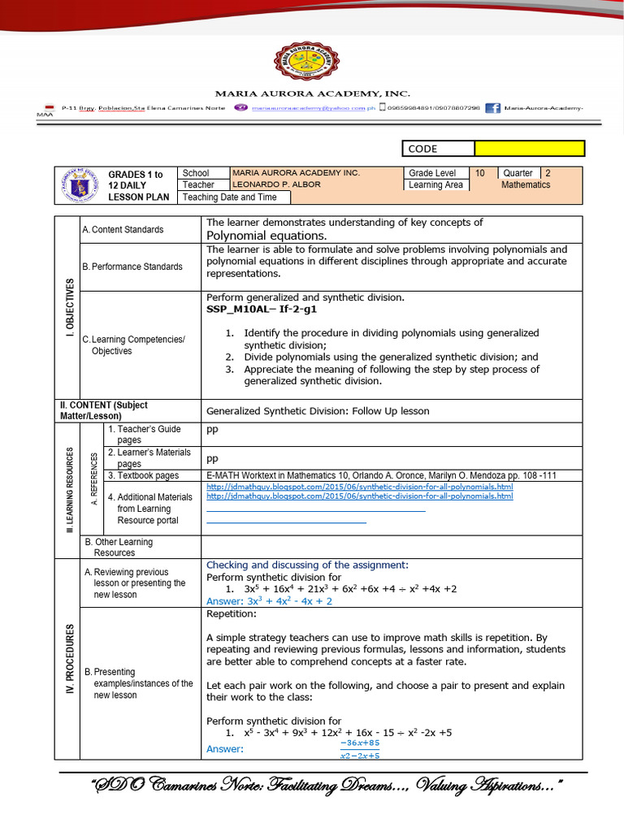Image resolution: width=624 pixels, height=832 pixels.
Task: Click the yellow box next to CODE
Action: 529,148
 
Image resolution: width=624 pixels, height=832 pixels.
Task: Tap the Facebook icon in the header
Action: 492,108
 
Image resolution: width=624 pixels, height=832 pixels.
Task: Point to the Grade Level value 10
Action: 480,173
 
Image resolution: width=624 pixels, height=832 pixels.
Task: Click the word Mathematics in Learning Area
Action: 526,184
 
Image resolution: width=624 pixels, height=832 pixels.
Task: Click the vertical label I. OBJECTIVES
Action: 69,307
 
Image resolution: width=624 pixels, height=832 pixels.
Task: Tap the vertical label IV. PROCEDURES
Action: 69,658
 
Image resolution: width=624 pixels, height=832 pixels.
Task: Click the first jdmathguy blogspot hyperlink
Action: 360,485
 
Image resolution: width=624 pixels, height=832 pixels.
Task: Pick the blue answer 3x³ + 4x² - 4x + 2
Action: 269,601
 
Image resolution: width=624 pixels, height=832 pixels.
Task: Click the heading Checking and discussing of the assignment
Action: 307,565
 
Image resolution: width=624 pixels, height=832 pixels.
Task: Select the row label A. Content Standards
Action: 123,230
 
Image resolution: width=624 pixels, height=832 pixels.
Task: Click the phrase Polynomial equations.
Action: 255,235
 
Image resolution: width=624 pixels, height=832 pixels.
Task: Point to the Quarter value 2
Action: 548,173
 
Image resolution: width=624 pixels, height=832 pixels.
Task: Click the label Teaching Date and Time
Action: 230,197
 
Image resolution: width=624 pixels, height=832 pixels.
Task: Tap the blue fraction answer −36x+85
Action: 360,743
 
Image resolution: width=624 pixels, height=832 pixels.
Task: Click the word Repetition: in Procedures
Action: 232,614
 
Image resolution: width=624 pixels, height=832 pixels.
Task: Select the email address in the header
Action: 313,108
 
